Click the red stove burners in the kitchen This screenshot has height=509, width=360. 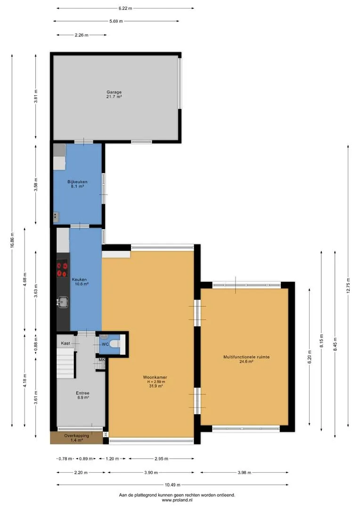[63, 270]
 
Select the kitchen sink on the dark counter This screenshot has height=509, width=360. [62, 302]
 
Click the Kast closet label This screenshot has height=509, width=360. [65, 343]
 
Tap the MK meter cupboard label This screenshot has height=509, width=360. [102, 360]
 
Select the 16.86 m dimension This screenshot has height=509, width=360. [12, 240]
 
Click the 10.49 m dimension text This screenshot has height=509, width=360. [172, 485]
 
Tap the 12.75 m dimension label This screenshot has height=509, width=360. [348, 286]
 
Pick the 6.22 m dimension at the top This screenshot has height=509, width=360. [125, 8]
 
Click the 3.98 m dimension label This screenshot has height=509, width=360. [244, 473]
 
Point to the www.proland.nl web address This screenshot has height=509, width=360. [177, 500]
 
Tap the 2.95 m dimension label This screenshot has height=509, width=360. [161, 459]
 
